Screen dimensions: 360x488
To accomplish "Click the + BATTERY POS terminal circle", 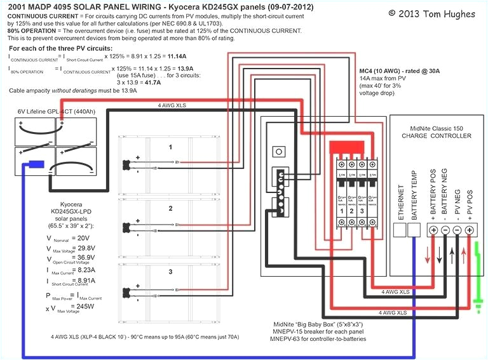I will (x=434, y=230).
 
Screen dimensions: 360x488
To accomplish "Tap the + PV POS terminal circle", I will (x=470, y=230).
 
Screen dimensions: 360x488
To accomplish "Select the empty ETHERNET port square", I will (x=400, y=229).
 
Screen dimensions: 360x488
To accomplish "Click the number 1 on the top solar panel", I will (x=170, y=147).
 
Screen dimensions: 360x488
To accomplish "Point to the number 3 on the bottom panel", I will (x=170, y=271).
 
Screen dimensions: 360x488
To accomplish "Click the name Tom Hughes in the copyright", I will (x=450, y=13).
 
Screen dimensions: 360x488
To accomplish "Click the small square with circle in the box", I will (x=277, y=152).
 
